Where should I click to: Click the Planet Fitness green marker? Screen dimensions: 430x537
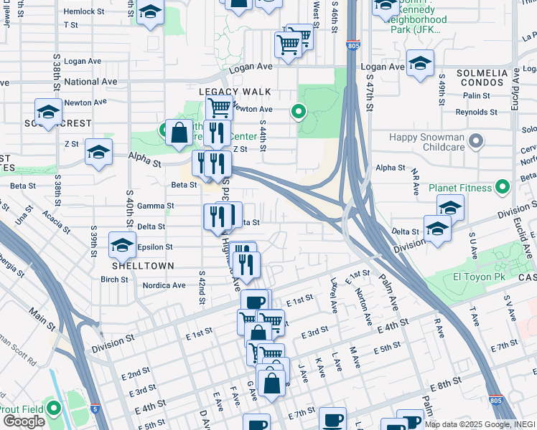point(503,188)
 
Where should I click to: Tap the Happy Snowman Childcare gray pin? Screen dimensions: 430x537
point(475,141)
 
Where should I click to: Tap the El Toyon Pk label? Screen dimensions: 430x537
point(479,277)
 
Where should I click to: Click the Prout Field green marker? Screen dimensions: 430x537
point(55,409)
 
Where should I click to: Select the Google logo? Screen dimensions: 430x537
point(24,421)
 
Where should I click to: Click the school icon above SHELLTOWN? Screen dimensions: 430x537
point(122,246)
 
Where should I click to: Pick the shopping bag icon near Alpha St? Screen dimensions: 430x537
point(179,133)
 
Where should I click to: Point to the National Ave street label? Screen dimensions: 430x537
point(90,82)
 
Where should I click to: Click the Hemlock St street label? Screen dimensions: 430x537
point(84,11)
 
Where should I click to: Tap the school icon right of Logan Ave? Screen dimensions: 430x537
point(420,64)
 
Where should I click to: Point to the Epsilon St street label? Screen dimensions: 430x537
point(155,247)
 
